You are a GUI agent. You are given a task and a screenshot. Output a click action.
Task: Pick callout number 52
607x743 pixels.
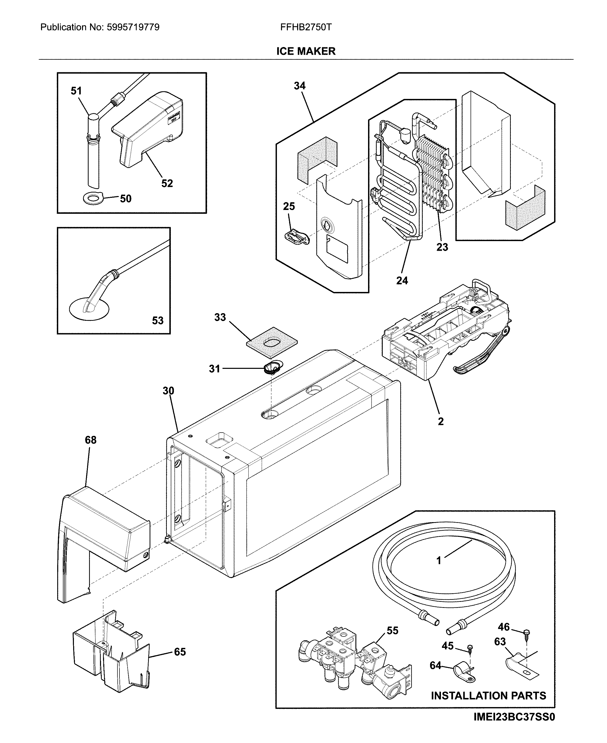click(167, 183)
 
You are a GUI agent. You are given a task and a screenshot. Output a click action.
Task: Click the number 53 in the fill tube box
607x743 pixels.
click(157, 321)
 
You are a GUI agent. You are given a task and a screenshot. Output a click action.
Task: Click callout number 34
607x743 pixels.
click(300, 86)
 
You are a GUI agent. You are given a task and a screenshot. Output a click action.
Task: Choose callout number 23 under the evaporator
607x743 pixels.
click(442, 247)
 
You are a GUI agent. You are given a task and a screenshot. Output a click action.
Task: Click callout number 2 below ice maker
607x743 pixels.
click(440, 421)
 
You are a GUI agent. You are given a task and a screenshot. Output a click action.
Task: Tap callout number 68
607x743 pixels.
click(91, 440)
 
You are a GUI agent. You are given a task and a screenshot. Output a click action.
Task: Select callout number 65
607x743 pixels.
click(180, 652)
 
